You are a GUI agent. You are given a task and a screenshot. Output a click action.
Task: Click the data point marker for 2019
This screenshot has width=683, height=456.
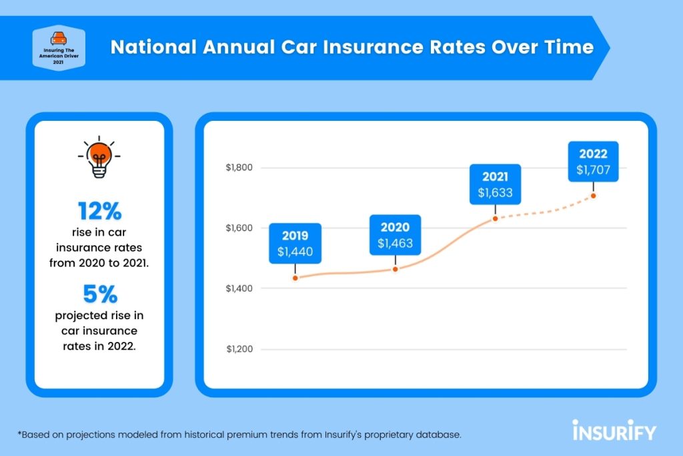click(x=295, y=278)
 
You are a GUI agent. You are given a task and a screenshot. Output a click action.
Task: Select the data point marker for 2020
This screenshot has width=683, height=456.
click(x=395, y=269)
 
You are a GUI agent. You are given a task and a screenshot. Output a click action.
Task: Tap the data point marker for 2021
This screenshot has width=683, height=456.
click(x=495, y=218)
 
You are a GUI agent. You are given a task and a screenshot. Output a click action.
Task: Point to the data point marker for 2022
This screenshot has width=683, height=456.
click(x=593, y=196)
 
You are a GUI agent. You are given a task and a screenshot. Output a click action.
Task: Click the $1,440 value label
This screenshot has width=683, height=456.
click(x=295, y=252)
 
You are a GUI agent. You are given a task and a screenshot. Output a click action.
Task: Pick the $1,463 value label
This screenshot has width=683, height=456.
click(x=395, y=244)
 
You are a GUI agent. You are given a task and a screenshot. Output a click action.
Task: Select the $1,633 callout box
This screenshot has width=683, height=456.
click(x=495, y=185)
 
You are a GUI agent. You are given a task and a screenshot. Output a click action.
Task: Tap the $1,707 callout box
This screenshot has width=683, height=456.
click(x=593, y=162)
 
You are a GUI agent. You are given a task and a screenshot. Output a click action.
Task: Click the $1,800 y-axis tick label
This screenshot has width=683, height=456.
click(x=239, y=167)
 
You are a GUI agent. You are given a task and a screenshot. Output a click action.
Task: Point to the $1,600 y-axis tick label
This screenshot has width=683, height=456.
click(x=239, y=228)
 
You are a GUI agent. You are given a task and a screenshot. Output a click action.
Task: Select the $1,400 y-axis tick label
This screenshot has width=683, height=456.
click(x=239, y=288)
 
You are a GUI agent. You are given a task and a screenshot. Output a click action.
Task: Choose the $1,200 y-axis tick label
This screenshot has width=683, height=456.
click(x=239, y=349)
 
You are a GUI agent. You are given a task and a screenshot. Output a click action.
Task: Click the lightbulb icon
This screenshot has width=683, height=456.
click(x=99, y=158)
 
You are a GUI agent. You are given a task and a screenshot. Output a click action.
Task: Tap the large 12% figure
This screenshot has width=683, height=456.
click(x=99, y=212)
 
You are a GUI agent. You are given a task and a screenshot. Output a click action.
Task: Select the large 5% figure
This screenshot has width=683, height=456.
click(x=99, y=294)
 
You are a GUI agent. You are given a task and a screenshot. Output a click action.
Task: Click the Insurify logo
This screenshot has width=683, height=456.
click(x=614, y=431)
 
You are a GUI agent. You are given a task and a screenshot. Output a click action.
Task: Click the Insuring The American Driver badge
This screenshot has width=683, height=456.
click(x=61, y=47)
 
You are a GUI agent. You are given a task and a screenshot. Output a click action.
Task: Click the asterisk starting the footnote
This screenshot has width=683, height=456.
click(x=21, y=433)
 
